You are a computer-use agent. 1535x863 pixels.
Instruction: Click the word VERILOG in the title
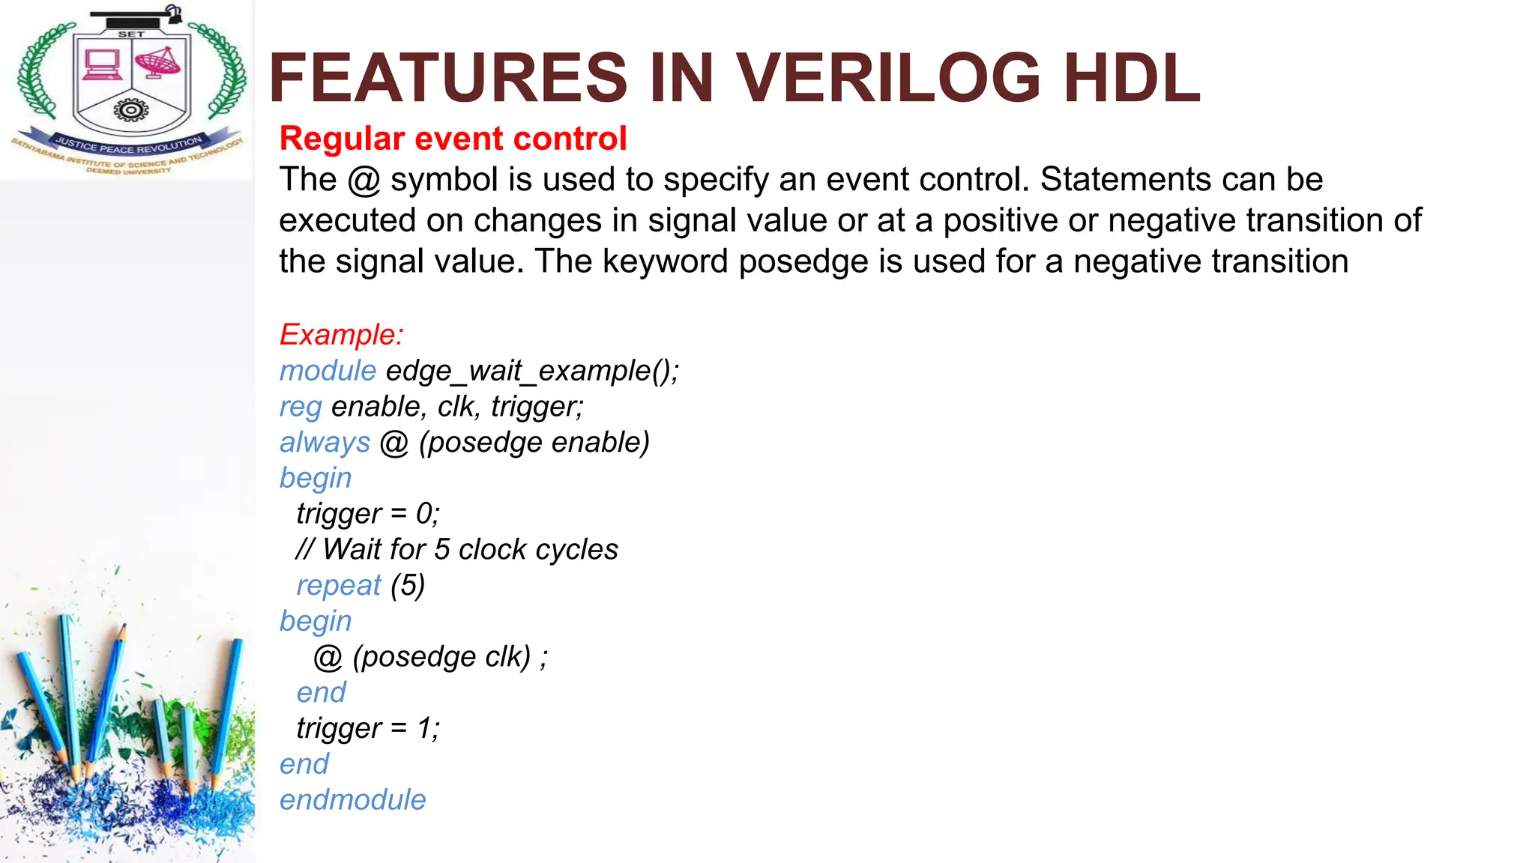coord(888,78)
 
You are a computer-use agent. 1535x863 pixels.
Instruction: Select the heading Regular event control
coord(453,139)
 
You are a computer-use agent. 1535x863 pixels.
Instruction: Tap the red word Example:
coord(341,334)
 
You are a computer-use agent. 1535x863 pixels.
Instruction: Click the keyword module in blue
coord(328,371)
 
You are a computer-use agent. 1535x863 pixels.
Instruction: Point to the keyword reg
coord(301,407)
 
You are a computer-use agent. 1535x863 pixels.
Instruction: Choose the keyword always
coord(325,442)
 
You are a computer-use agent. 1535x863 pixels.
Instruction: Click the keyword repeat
coord(339,585)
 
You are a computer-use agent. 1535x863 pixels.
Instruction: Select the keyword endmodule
coord(352,800)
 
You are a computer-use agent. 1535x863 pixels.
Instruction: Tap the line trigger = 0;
coord(367,514)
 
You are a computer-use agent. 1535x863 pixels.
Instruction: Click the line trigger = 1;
coord(367,728)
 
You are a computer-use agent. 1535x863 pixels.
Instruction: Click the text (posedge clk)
coord(441,657)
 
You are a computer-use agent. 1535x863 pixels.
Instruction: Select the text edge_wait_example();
coord(532,371)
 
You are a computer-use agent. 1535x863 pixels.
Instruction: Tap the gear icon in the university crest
coord(131,111)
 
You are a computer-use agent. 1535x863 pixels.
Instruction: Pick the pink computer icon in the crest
coord(102,64)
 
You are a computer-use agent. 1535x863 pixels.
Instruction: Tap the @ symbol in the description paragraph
coord(364,181)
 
